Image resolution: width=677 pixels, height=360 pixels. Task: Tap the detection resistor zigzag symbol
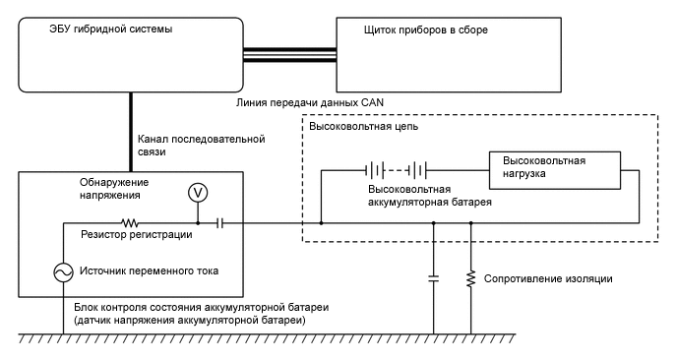tap(128, 223)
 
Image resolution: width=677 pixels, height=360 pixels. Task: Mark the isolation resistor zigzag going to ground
tap(471, 278)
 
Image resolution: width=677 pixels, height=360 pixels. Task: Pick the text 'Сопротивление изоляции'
tap(550, 279)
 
